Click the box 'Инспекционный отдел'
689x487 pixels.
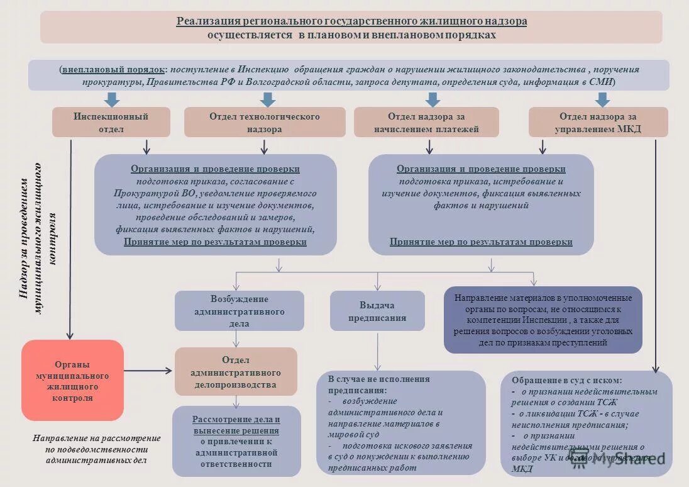click(111, 122)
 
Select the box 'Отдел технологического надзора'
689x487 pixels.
click(264, 122)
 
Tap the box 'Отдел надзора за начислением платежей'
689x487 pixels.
click(426, 122)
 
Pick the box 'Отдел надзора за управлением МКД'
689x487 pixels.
click(597, 122)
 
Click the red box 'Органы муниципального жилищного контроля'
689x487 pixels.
click(72, 380)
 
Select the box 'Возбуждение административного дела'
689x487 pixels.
click(239, 311)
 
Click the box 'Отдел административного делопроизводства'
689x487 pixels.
click(236, 371)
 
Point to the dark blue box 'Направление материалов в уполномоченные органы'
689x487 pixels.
click(543, 320)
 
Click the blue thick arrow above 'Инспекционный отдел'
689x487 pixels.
click(113, 99)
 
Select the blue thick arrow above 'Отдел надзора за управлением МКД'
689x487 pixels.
click(602, 99)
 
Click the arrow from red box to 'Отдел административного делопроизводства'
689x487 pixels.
click(148, 371)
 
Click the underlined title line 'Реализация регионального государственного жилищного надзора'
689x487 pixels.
click(351, 21)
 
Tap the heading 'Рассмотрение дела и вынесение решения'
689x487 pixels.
click(236, 425)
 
